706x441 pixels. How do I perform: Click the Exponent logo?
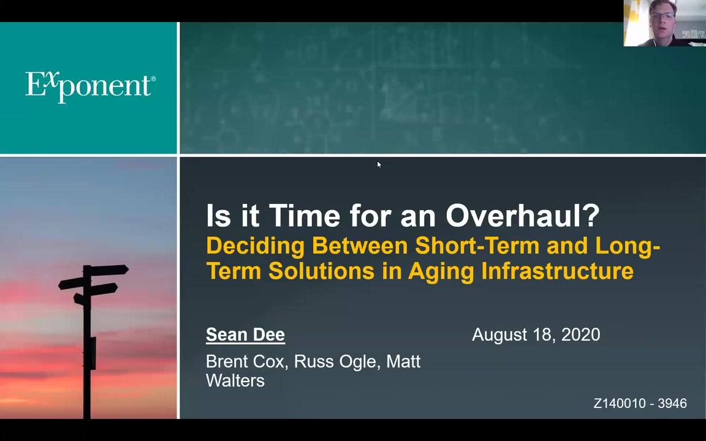90,86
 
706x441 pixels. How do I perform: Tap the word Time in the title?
305,216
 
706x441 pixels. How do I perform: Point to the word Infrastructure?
558,271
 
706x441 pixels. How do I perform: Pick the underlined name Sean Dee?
245,335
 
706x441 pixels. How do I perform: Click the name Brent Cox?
246,361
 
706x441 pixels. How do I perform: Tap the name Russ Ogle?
335,362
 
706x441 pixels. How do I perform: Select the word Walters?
235,381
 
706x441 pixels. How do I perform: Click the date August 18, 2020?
536,335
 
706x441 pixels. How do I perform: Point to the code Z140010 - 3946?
640,403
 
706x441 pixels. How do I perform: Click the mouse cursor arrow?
379,165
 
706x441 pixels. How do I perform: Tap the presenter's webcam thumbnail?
664,23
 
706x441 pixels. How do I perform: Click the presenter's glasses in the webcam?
662,17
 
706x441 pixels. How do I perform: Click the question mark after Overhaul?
593,216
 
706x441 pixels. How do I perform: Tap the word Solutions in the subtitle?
322,271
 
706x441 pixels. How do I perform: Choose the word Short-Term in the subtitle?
477,246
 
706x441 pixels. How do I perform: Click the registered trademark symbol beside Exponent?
153,79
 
